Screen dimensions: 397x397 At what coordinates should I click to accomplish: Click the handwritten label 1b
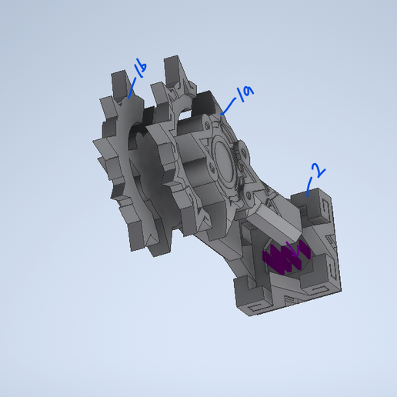coord(139,71)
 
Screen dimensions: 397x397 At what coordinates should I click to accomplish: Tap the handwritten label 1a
coord(245,94)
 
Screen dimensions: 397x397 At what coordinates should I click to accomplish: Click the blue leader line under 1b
coord(132,88)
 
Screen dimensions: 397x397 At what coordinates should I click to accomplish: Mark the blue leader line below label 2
coord(309,185)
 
